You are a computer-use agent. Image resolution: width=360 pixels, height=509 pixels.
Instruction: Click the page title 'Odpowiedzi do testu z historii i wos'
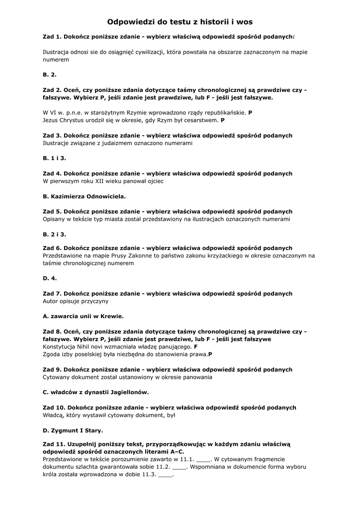(x=180, y=22)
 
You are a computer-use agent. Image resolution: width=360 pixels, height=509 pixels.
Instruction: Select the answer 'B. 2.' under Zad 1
(x=50, y=75)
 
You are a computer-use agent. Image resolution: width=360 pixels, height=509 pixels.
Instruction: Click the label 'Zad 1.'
(x=52, y=37)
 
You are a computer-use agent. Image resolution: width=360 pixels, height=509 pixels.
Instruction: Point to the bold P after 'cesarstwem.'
(x=223, y=120)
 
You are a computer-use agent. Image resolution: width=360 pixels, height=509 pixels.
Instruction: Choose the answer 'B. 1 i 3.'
(x=55, y=158)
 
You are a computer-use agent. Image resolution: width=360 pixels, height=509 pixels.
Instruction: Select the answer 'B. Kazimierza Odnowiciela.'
(x=85, y=196)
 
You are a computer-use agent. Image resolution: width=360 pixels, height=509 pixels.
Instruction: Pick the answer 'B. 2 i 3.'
(x=55, y=234)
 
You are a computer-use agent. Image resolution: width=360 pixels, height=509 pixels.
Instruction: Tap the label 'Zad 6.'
(x=52, y=248)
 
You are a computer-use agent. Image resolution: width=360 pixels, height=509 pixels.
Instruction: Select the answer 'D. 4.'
(x=50, y=278)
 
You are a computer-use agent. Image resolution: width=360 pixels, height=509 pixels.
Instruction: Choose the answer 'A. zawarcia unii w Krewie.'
(x=84, y=316)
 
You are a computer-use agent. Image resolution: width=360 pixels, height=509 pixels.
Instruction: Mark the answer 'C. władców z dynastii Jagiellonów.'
(x=96, y=392)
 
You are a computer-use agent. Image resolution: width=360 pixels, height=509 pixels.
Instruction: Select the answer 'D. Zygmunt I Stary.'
(x=73, y=430)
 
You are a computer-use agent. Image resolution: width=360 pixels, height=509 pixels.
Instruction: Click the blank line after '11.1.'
(x=204, y=460)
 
